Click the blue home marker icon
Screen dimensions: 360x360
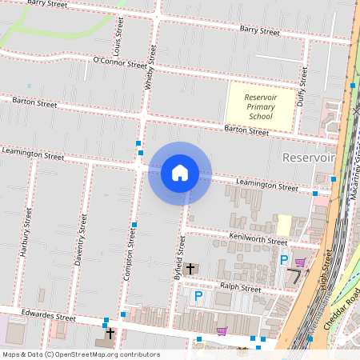pos(180,173)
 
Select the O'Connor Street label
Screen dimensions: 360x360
pos(120,62)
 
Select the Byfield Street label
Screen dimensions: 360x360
pos(180,258)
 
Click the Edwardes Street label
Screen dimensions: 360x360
pos(48,317)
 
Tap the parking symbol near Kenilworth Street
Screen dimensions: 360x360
pos(283,260)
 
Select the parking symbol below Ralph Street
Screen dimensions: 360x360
pos(199,297)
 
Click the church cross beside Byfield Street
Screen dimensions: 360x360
pos(190,269)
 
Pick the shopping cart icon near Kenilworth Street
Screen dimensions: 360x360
pos(300,262)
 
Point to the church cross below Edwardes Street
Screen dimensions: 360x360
pos(110,332)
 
